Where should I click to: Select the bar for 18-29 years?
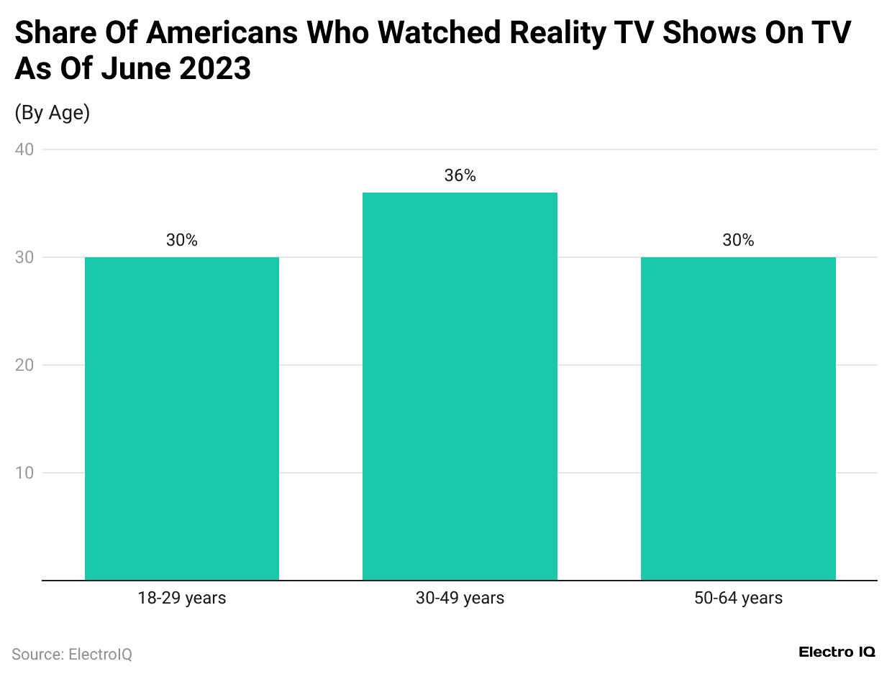pyautogui.click(x=182, y=418)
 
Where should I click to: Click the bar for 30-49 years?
pyautogui.click(x=460, y=386)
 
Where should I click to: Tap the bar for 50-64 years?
pyautogui.click(x=738, y=418)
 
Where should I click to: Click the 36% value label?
pyautogui.click(x=460, y=175)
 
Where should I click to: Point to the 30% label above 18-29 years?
pyautogui.click(x=182, y=240)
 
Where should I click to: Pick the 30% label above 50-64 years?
pyautogui.click(x=738, y=240)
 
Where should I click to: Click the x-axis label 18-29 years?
pyautogui.click(x=182, y=598)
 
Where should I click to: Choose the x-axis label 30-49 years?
pyautogui.click(x=460, y=598)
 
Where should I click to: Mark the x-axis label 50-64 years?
pyautogui.click(x=738, y=598)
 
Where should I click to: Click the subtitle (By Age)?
pyautogui.click(x=52, y=113)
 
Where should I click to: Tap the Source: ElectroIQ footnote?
pyautogui.click(x=72, y=655)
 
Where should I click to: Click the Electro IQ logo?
pyautogui.click(x=837, y=652)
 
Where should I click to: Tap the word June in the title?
pyautogui.click(x=127, y=69)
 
